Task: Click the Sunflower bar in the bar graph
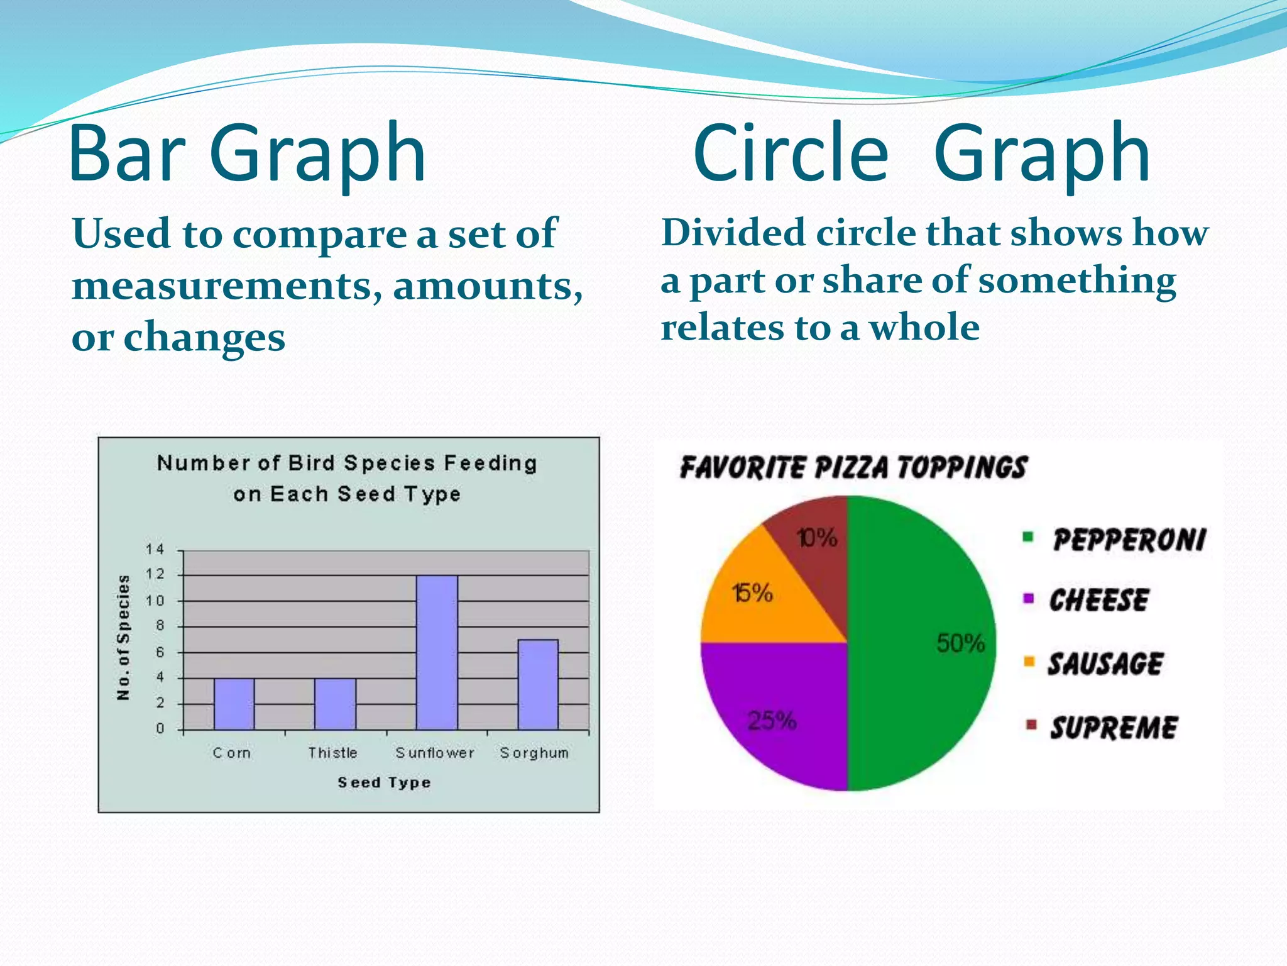pos(437,652)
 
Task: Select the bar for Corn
pos(234,704)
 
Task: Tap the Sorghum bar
pos(538,684)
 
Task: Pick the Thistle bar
pos(335,704)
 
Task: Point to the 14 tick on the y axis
pos(155,549)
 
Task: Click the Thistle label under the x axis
pos(332,753)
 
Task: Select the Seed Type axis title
pos(384,782)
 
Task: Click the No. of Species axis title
pos(124,637)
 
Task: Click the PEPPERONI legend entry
pos(1129,540)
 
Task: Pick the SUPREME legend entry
pos(1114,728)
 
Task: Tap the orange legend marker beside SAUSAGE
pos(1029,661)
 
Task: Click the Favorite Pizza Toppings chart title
pos(853,467)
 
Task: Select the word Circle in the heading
pos(791,153)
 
